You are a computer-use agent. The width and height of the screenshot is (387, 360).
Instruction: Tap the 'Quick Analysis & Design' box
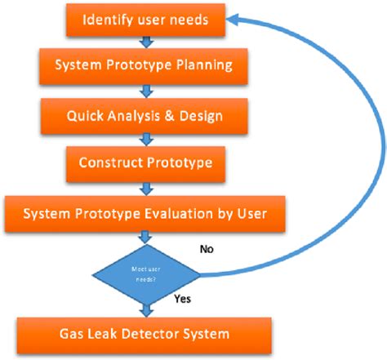click(145, 114)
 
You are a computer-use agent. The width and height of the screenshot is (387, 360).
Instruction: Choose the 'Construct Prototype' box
click(145, 162)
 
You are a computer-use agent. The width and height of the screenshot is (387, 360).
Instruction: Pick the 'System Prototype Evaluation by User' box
click(145, 214)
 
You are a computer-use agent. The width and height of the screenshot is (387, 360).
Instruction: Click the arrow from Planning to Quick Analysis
click(145, 91)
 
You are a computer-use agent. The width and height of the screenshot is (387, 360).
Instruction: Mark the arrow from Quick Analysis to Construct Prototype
click(145, 138)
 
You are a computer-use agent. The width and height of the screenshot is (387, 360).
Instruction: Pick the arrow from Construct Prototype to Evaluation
click(145, 187)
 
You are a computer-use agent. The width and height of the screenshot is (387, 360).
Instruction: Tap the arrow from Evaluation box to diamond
click(145, 238)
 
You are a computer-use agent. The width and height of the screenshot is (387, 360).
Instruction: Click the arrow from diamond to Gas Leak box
click(145, 309)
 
